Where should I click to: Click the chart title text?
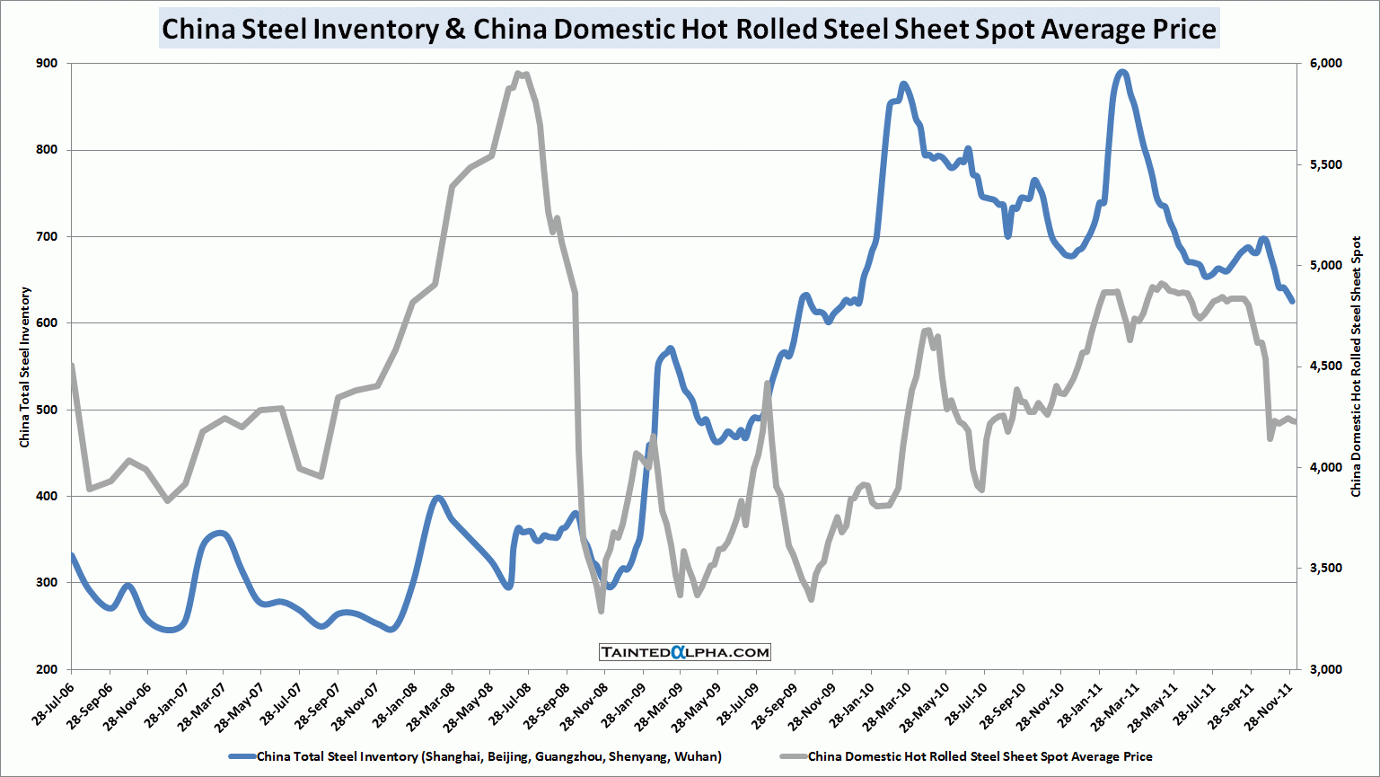click(689, 29)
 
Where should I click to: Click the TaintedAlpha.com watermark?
click(685, 652)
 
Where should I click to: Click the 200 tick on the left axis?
click(47, 669)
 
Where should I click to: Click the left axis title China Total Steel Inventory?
click(25, 366)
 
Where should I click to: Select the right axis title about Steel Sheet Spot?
click(1356, 366)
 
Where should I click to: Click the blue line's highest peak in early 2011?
click(1121, 72)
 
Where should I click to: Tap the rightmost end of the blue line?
click(1292, 301)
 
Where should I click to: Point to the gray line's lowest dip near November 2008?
click(601, 611)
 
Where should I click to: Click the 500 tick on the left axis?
click(47, 410)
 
